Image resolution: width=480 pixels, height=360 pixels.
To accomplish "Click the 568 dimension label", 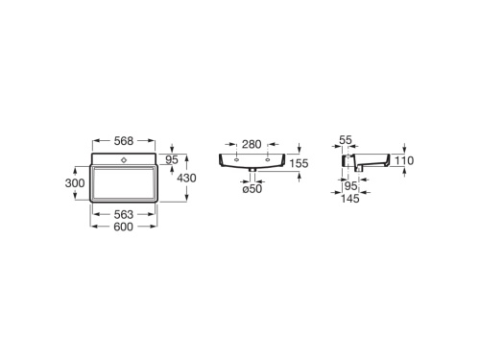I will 123,141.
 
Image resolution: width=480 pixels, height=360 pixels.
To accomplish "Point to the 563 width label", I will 124,215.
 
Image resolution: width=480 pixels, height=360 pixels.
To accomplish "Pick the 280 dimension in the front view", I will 252,144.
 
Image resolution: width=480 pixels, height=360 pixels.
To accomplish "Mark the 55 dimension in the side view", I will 347,141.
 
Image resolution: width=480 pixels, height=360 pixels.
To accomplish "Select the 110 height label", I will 403,161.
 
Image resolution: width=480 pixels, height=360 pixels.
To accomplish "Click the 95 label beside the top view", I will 173,159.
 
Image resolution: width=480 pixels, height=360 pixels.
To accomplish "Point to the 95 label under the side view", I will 350,186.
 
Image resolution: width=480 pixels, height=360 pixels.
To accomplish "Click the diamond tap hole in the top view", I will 124,156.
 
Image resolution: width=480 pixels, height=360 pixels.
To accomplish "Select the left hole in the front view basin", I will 235,157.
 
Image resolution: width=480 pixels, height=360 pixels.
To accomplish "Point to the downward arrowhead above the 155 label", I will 300,149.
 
